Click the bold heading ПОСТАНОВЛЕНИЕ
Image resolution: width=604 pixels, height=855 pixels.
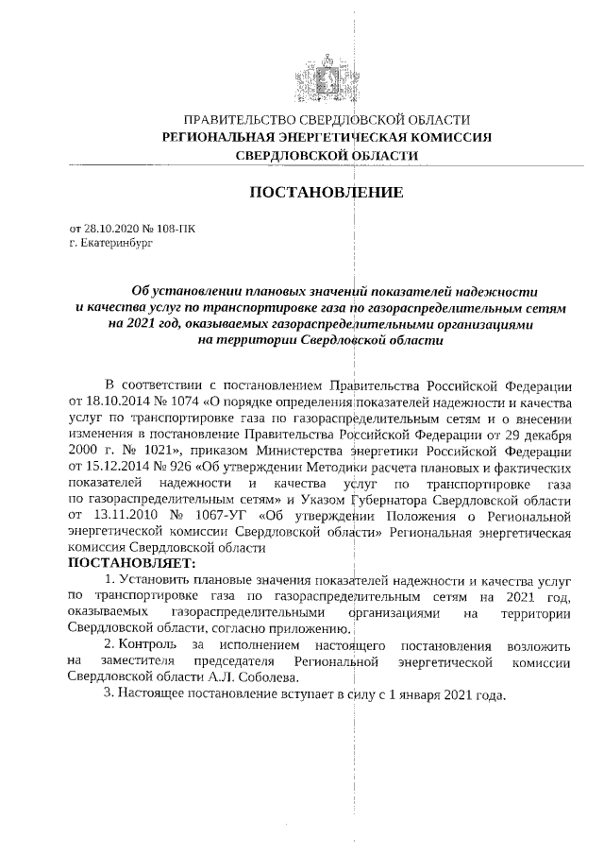(x=326, y=193)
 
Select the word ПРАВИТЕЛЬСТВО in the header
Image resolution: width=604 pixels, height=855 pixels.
(x=238, y=120)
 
